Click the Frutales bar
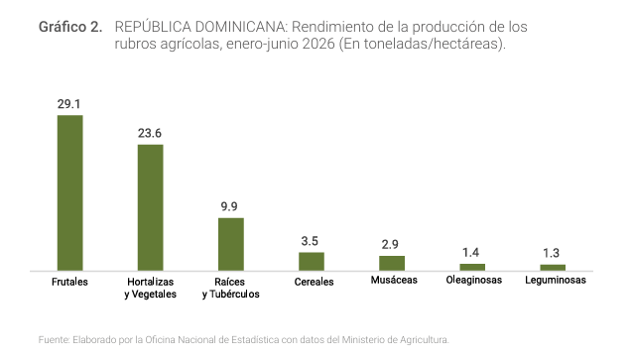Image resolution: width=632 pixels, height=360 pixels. click(x=70, y=192)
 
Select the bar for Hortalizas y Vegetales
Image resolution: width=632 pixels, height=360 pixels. click(x=151, y=207)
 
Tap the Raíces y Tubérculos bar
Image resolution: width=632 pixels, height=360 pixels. click(x=231, y=244)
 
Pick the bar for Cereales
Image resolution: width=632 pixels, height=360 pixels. click(x=312, y=262)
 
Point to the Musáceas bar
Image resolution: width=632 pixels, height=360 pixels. click(x=392, y=263)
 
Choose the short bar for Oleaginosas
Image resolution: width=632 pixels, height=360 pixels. click(x=472, y=267)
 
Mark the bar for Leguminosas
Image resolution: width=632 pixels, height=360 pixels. click(x=553, y=268)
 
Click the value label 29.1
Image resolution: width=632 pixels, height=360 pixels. click(x=68, y=104)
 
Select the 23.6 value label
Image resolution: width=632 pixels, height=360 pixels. click(x=150, y=133)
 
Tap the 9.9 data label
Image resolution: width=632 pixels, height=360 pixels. click(x=229, y=206)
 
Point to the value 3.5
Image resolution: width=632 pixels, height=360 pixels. click(x=310, y=241)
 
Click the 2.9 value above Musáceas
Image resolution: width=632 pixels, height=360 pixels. click(x=390, y=244)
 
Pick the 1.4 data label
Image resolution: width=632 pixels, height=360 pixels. click(x=470, y=253)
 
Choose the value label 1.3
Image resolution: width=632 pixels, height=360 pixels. click(x=551, y=253)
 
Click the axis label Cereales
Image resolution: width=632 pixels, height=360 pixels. click(x=314, y=282)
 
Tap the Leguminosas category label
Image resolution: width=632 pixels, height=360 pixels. click(x=556, y=280)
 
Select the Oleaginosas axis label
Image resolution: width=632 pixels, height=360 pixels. click(x=474, y=280)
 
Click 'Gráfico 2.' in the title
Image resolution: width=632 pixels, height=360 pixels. click(x=70, y=27)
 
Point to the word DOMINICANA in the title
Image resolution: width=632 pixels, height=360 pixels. click(x=240, y=27)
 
